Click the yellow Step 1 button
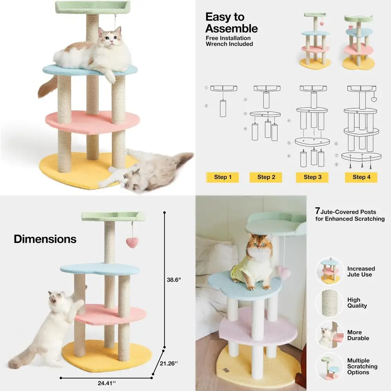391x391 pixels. [222, 177]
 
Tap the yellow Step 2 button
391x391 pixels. [266, 177]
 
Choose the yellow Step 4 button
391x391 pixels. [359, 177]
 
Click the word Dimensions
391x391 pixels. [45, 239]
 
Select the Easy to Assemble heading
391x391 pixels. [231, 23]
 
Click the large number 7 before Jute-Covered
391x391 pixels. [318, 211]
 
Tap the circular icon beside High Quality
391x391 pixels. [329, 303]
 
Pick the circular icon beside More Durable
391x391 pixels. [329, 335]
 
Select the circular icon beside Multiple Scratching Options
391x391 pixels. [329, 366]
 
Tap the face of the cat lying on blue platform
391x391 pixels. [108, 36]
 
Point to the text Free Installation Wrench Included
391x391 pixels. [230, 41]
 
